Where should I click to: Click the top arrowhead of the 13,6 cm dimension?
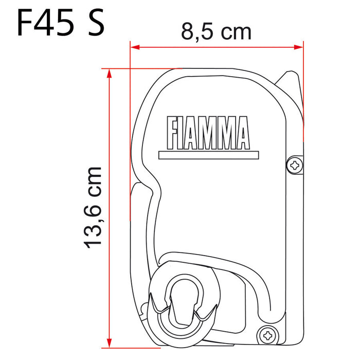[x=109, y=73]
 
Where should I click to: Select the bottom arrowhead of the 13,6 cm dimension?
[x=109, y=341]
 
